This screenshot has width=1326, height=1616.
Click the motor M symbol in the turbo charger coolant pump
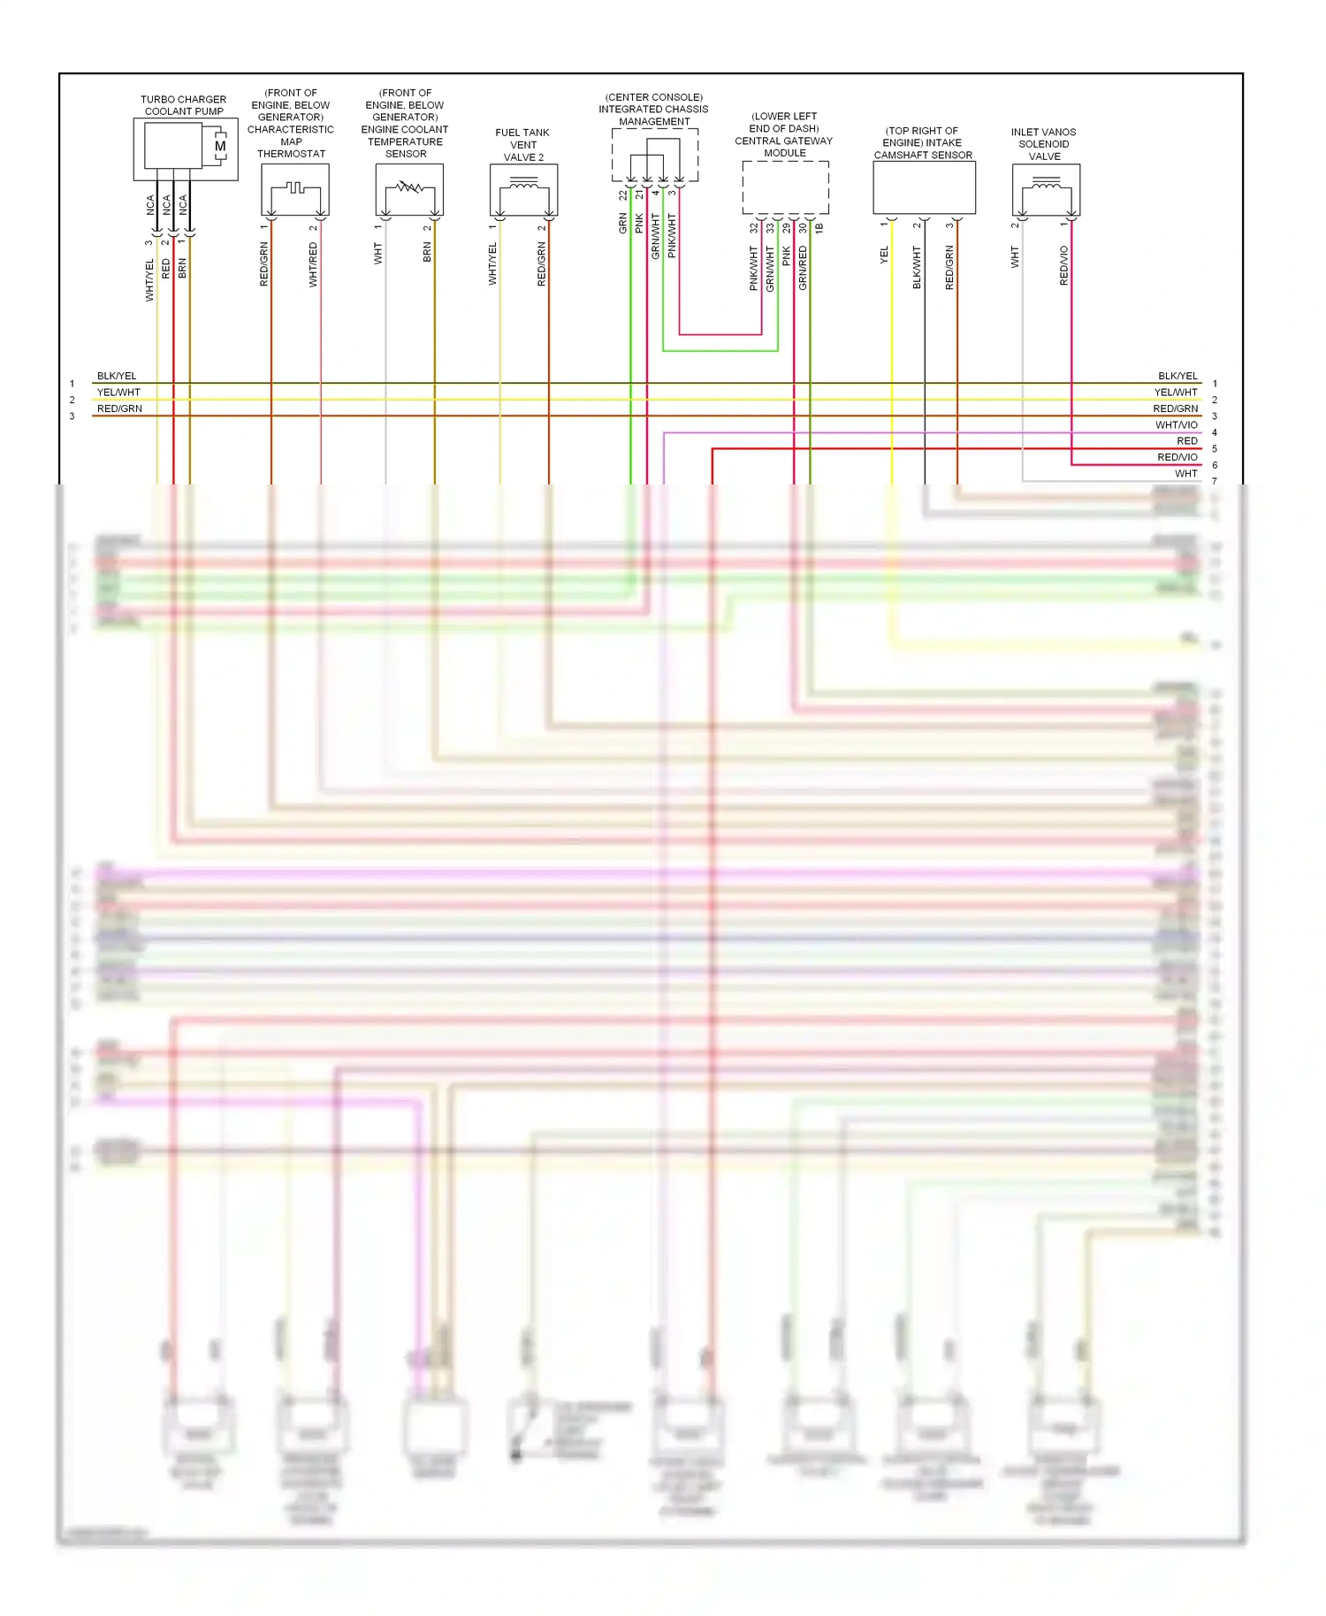click(219, 146)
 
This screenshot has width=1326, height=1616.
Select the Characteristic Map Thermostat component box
click(295, 189)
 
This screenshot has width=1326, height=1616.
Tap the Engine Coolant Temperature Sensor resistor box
click(409, 189)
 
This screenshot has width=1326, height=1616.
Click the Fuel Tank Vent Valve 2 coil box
click(523, 189)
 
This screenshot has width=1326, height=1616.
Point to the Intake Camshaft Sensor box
click(924, 187)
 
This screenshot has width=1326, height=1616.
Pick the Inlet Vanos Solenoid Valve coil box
click(1046, 189)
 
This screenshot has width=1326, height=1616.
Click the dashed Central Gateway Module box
click(785, 187)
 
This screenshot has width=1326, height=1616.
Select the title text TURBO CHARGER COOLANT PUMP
click(184, 105)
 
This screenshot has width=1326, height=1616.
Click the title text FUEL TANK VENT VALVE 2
click(523, 145)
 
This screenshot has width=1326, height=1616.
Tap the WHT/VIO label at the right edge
click(1176, 425)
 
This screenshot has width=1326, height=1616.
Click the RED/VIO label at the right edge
click(1177, 457)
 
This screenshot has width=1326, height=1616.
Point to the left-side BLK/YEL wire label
click(117, 376)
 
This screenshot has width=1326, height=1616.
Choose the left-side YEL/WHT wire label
click(118, 393)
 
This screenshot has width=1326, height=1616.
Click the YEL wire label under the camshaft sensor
click(884, 255)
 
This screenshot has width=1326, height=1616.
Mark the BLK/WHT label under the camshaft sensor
click(917, 267)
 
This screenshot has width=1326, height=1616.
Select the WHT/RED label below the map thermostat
click(313, 265)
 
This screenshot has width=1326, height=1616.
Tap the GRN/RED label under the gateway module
click(803, 268)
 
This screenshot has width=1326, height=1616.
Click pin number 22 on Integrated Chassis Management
click(622, 194)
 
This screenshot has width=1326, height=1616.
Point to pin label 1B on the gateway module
click(819, 227)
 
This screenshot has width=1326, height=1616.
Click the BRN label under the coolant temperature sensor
click(427, 253)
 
